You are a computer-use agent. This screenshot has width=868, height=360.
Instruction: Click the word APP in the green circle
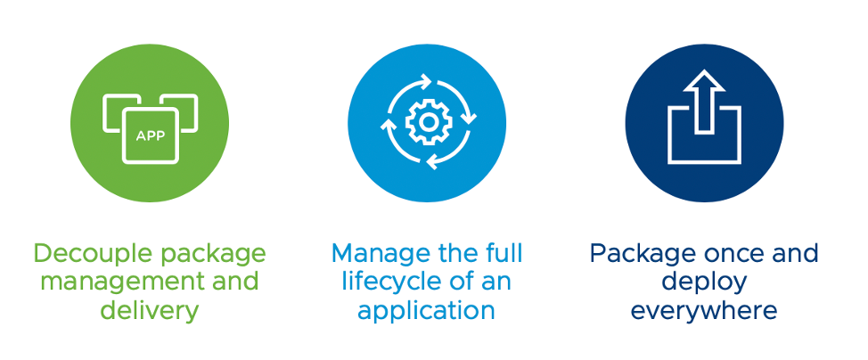150,135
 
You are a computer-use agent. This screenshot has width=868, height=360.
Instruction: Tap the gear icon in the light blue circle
428,122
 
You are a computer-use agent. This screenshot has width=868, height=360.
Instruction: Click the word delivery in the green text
150,310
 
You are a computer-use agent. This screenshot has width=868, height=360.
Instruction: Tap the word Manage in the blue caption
374,255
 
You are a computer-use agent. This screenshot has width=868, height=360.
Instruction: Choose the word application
426,310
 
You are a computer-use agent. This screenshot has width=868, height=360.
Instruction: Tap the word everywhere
704,310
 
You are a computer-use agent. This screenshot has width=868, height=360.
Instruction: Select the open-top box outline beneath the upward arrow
704,135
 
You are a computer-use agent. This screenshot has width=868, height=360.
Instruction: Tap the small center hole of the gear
428,122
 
